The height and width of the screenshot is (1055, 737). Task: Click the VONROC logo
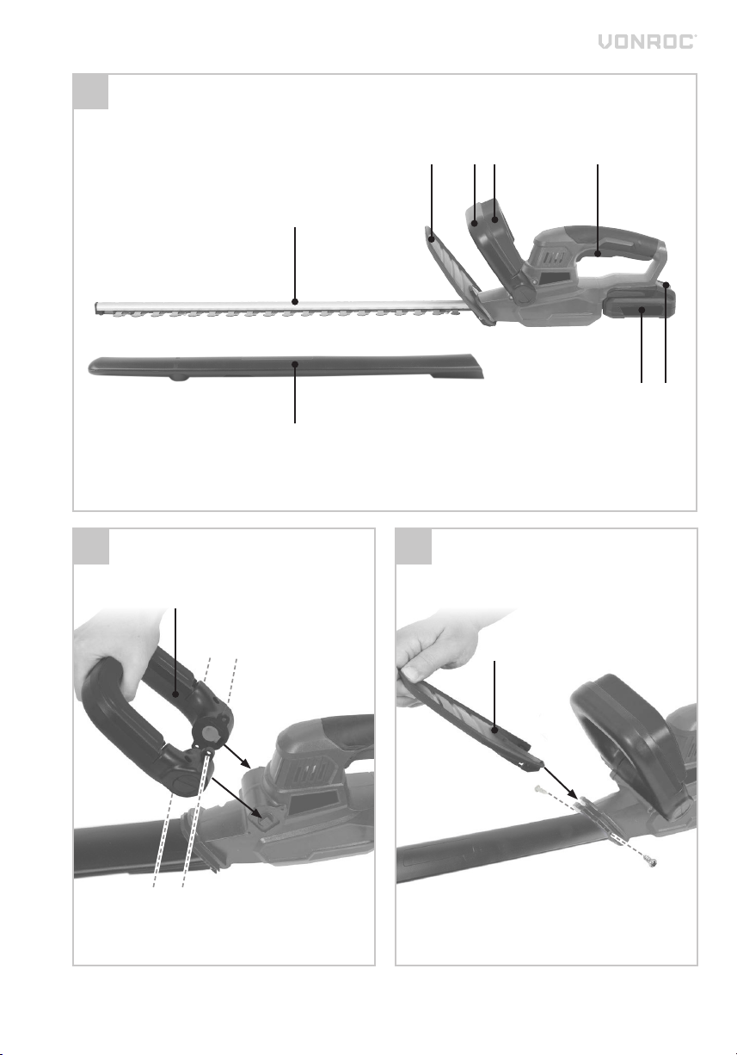tap(647, 41)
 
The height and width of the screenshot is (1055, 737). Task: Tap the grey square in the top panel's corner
tap(91, 91)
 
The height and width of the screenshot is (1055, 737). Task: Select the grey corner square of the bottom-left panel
tap(91, 546)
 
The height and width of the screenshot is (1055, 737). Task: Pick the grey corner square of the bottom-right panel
tap(414, 546)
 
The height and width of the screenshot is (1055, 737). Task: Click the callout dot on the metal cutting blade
tap(295, 301)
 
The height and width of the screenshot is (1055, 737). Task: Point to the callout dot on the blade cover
tap(295, 364)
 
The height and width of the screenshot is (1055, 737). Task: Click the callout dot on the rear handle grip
tap(598, 254)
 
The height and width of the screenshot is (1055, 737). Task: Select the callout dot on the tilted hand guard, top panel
tap(432, 240)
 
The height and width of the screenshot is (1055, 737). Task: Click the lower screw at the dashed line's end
tap(651, 862)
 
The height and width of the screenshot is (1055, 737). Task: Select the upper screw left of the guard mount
tap(540, 787)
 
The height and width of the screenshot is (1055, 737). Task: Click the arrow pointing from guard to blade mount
tap(561, 783)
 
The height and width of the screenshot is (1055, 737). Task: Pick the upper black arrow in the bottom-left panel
tap(236, 756)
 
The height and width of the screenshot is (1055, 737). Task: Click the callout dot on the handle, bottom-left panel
tap(175, 694)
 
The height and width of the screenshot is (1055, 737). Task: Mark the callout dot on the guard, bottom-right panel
tap(494, 731)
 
